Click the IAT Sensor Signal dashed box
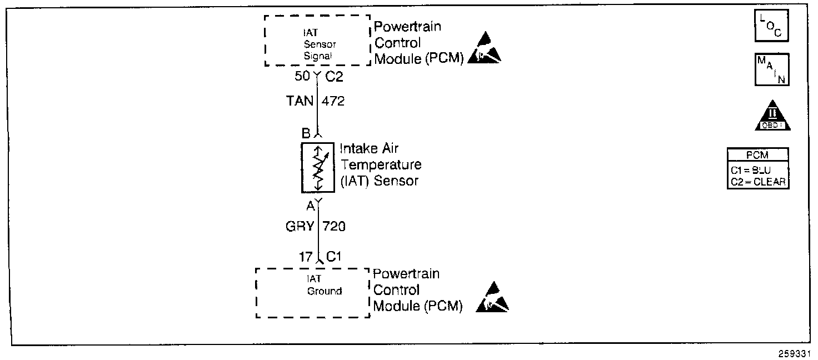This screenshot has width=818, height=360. coord(317,41)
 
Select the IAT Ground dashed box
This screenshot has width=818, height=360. coord(312,292)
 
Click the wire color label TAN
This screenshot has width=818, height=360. coord(300,102)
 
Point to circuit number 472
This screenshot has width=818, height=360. coord(333,102)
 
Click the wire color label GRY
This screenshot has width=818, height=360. coord(300,226)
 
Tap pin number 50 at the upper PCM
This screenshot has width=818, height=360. coord(302,77)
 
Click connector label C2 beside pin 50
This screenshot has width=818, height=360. coord(334,77)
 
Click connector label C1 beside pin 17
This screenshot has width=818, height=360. coord(334,257)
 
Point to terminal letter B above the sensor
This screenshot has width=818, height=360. coord(306,133)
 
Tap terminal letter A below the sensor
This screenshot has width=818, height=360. coord(310,206)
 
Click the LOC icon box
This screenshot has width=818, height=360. coord(771,26)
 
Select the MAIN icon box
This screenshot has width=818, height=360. coord(771,69)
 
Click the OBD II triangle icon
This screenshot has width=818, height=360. coord(772,116)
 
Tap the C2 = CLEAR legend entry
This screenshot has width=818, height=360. coord(757,181)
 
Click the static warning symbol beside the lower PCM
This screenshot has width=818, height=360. coord(492,297)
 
